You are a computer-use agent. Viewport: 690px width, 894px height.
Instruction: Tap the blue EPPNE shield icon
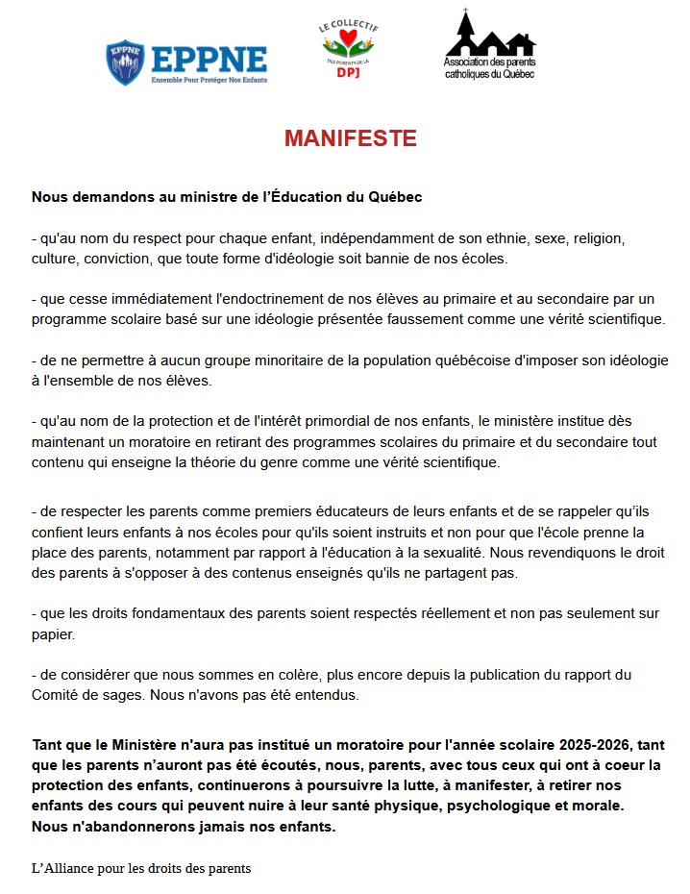pyautogui.click(x=125, y=62)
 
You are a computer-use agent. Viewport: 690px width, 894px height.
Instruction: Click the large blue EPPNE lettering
pyautogui.click(x=209, y=58)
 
